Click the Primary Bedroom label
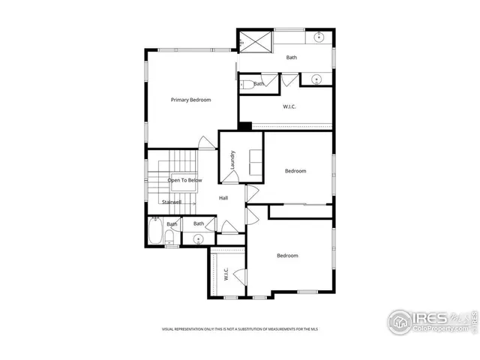190,100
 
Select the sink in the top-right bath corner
318,36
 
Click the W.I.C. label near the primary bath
289,106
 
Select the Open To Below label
184,180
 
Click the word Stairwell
172,202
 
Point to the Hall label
223,198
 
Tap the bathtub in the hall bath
156,231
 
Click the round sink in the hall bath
198,239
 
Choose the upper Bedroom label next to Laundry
295,171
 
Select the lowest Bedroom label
287,256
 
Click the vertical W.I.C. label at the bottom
225,275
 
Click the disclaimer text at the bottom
240,328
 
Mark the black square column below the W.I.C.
244,125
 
